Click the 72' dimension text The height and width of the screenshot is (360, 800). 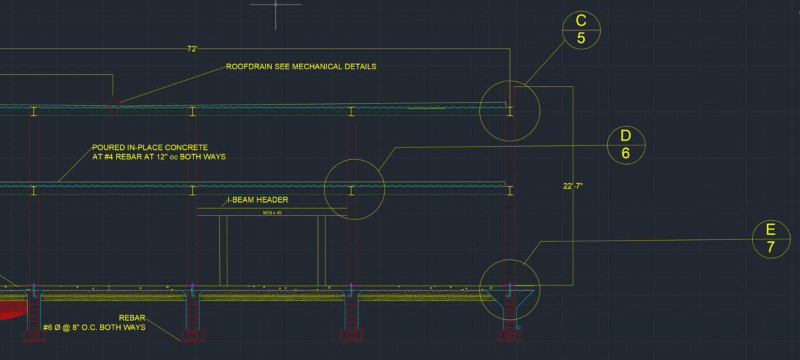[192, 49]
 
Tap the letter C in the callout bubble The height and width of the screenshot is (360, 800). [581, 21]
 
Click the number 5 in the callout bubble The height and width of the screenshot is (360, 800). [581, 39]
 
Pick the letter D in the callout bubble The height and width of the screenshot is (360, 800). [626, 136]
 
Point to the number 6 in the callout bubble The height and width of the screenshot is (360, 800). [626, 153]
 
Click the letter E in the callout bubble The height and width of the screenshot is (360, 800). [771, 230]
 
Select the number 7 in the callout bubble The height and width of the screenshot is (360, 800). [771, 247]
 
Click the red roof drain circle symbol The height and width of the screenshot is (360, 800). [113, 103]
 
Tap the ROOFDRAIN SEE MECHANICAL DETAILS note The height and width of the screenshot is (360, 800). [301, 67]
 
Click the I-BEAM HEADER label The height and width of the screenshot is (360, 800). [257, 200]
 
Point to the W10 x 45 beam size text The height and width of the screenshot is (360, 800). [272, 213]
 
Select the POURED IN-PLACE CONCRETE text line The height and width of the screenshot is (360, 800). [150, 147]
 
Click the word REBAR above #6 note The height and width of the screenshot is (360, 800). [132, 318]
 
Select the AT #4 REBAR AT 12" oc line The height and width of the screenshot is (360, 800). [159, 157]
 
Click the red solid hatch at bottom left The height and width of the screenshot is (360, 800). [10, 310]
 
